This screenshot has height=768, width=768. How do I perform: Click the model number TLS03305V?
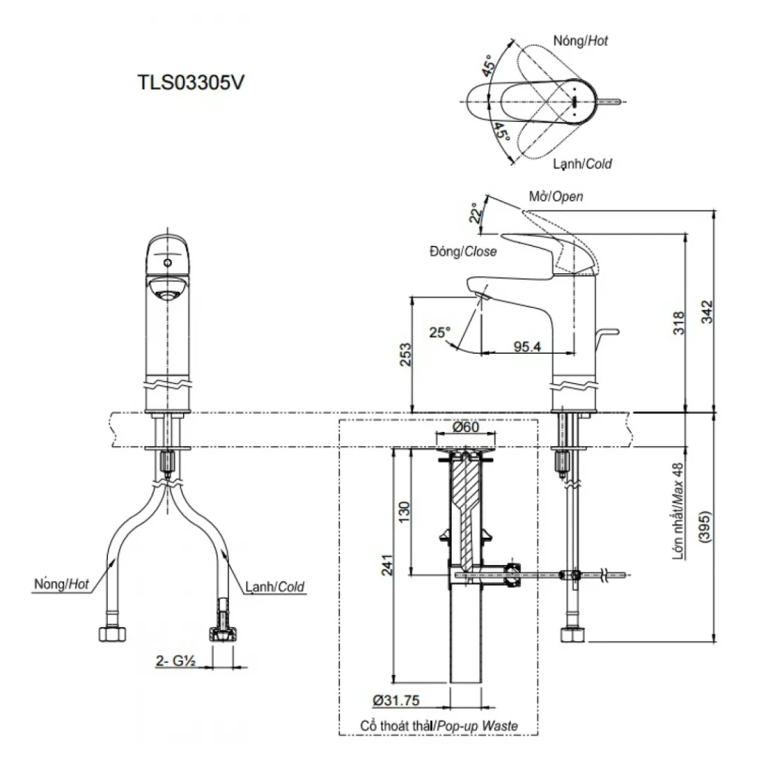(191, 82)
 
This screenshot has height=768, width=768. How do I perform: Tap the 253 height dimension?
(402, 354)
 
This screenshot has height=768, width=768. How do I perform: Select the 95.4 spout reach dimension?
(525, 344)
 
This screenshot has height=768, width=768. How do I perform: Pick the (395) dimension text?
(706, 528)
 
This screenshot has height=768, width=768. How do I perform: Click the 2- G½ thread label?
(175, 662)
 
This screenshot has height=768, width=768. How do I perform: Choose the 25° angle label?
(439, 333)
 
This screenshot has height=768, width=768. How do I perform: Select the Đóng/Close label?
(462, 251)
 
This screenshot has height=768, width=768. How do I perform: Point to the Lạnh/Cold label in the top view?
(583, 164)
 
